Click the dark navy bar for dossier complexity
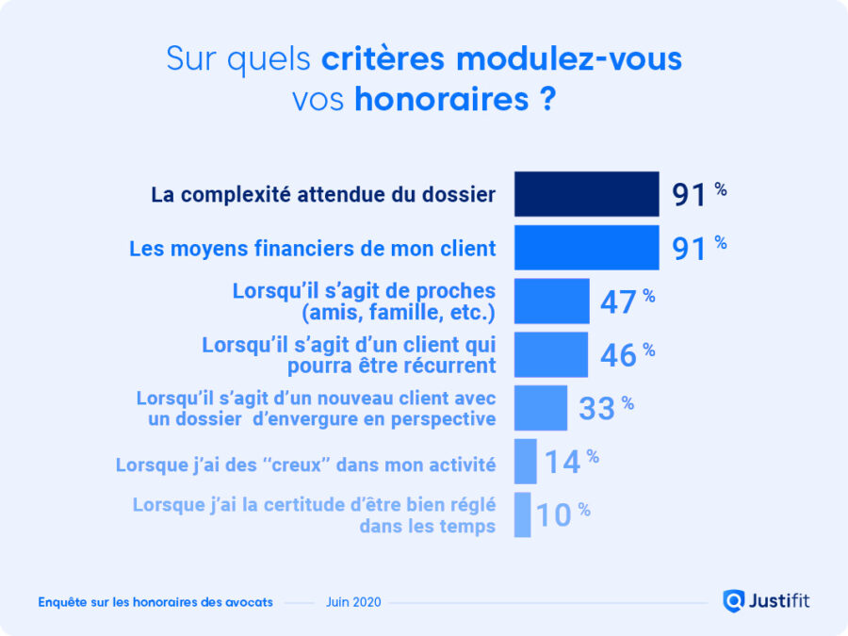tap(586, 194)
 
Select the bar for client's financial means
tap(586, 248)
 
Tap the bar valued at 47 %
tap(551, 301)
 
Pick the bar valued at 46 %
tap(550, 354)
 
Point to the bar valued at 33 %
tap(541, 407)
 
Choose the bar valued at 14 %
tap(525, 461)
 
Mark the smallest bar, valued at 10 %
tap(522, 514)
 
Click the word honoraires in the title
tap(442, 99)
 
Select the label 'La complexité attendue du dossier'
tap(323, 195)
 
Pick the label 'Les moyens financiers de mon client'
tap(312, 249)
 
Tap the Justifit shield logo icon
tap(733, 600)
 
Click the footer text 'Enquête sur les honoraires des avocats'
tap(155, 601)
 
